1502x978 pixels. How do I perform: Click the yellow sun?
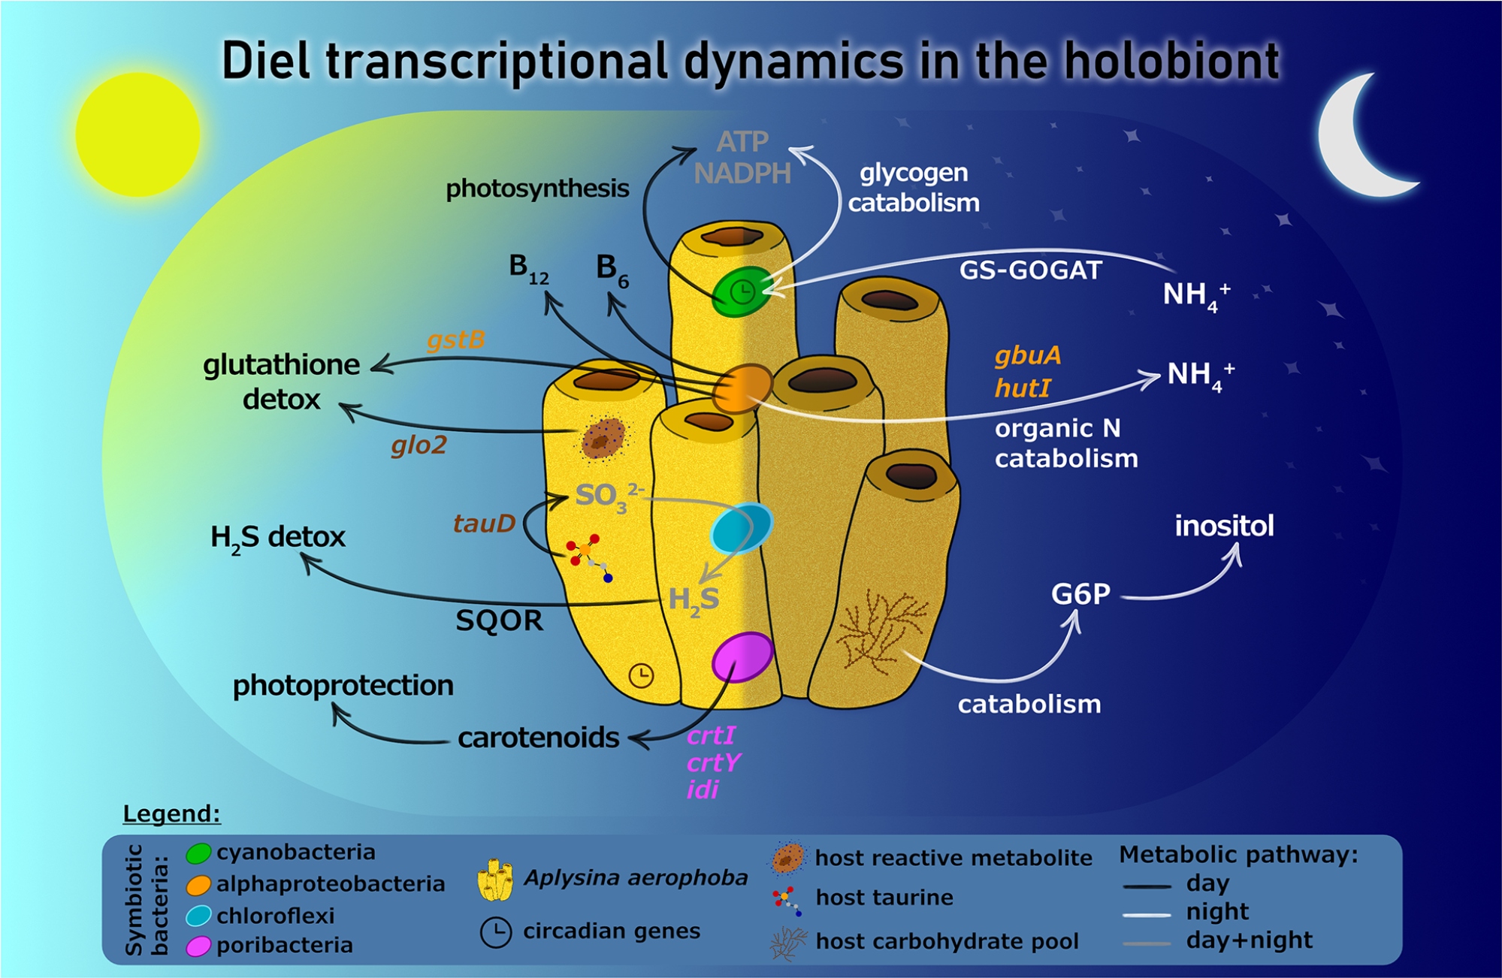(138, 134)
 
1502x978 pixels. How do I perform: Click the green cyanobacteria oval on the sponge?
(742, 291)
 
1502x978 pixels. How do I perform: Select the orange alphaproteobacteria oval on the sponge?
(742, 388)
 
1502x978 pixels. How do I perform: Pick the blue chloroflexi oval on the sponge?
(741, 528)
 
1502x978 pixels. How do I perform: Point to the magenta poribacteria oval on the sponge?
(742, 657)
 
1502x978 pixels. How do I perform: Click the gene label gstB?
(455, 340)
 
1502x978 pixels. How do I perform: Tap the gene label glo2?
(419, 445)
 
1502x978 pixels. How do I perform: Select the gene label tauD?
(484, 524)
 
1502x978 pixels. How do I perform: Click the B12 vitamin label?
(528, 268)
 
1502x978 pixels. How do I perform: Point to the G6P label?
(1080, 594)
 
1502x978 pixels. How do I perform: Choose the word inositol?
(1224, 526)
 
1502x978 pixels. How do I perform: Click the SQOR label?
(499, 621)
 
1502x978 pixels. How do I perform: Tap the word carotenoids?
(538, 738)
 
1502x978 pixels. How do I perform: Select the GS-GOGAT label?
(1030, 270)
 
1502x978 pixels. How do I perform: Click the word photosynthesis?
(537, 189)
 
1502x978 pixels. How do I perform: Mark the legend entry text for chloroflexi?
(276, 916)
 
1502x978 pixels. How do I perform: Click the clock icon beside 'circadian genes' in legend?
(496, 932)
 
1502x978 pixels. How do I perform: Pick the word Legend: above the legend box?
(171, 813)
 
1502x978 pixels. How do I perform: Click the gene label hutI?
(1023, 388)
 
